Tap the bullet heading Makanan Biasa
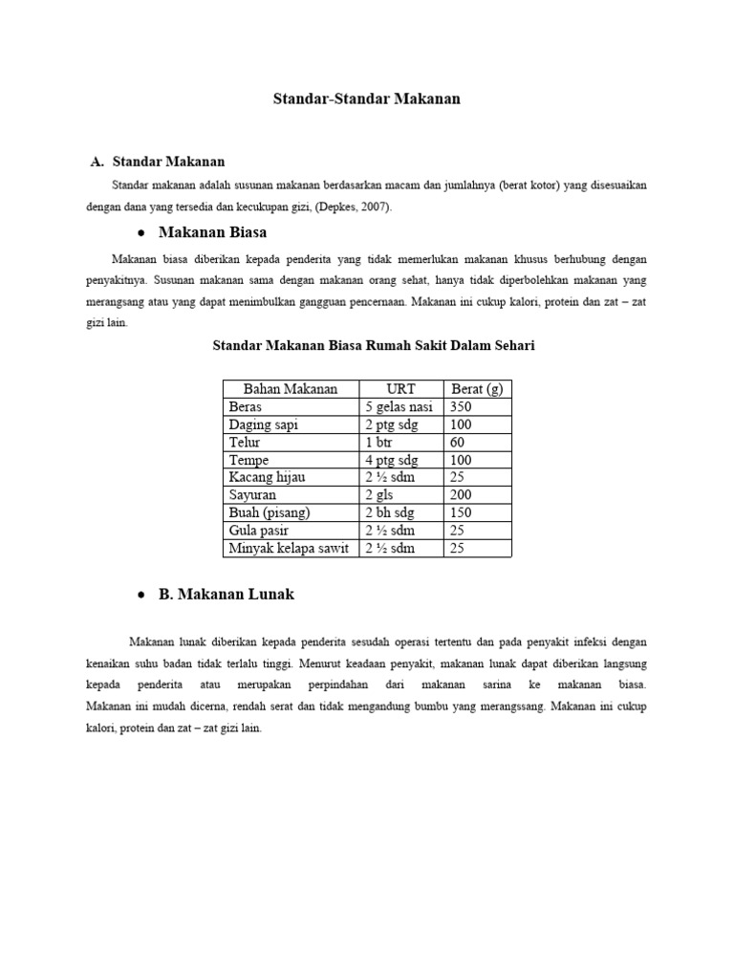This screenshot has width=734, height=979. pos(212,232)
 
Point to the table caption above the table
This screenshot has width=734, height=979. pos(373,345)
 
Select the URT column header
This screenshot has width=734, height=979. pos(400,388)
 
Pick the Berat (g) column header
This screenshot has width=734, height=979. pos(476,388)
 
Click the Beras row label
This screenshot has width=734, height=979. pos(246,406)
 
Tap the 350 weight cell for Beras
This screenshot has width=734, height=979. pos(462,406)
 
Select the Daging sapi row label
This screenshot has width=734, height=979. pos(264,424)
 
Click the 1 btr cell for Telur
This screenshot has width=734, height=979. pos(379,442)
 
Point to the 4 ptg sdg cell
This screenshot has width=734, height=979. pos(391,460)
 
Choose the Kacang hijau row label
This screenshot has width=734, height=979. pos(267,477)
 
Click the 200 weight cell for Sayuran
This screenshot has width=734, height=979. pos(462,495)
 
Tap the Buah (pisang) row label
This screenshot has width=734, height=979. pos(270,512)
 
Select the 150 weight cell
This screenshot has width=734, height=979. pos(462,512)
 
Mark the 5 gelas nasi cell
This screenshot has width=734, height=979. pos(399,406)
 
